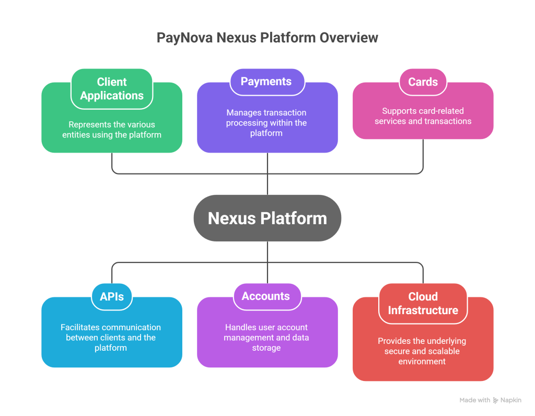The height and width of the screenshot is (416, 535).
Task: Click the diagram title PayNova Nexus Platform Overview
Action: (x=267, y=38)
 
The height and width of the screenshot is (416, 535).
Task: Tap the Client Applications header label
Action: (x=112, y=89)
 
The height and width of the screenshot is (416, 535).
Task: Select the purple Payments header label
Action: (x=266, y=82)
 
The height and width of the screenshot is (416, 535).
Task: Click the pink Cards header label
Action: (x=423, y=82)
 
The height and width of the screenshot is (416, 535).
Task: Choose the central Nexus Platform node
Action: (x=267, y=218)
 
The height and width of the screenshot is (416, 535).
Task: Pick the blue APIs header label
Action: (x=112, y=296)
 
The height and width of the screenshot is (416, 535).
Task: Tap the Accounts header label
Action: (x=266, y=296)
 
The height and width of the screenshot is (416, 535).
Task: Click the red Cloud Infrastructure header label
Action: (x=423, y=303)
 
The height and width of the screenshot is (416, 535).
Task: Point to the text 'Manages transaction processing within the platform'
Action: (x=266, y=123)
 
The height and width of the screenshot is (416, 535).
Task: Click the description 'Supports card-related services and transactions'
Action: (x=423, y=116)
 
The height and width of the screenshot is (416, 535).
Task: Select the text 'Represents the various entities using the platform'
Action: (x=112, y=130)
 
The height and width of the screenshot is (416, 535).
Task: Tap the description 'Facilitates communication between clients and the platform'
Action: (x=111, y=338)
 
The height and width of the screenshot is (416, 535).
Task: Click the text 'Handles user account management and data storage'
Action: (x=266, y=338)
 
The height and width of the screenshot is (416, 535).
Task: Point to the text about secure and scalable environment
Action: (x=422, y=351)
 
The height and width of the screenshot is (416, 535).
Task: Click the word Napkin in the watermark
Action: (x=511, y=400)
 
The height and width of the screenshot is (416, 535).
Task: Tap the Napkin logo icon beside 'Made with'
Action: (x=496, y=400)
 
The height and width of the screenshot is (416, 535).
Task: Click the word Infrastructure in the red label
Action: (x=423, y=310)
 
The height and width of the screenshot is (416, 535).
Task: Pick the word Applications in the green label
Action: (x=112, y=96)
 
